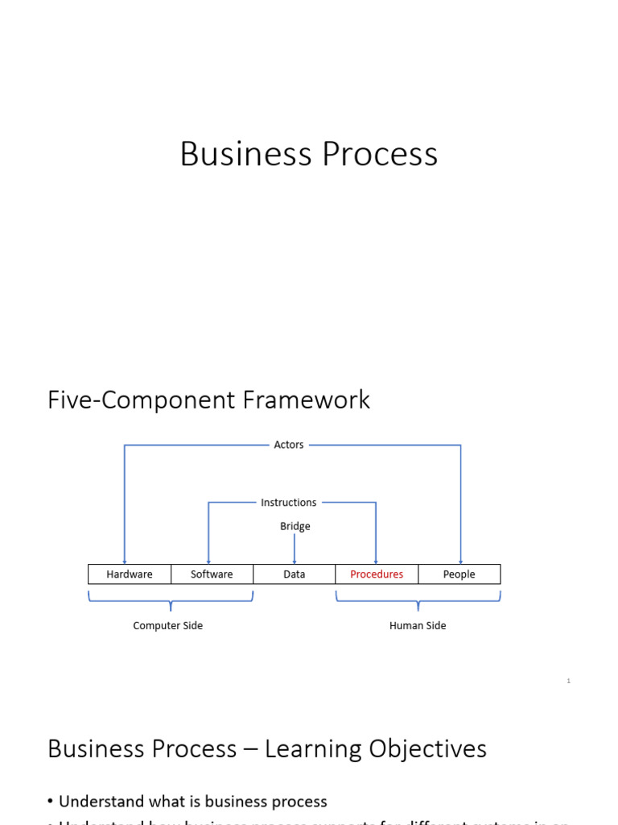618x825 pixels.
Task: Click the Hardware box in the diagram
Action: tap(130, 574)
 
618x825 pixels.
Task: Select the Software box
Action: tap(212, 574)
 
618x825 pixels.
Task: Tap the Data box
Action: tap(295, 574)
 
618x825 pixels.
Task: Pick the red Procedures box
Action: tap(377, 574)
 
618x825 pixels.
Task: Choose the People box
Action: tap(459, 574)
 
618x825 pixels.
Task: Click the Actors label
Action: tap(289, 445)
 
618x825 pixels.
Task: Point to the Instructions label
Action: tap(289, 503)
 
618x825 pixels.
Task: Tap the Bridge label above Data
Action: tap(295, 526)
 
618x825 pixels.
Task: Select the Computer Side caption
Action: tap(167, 626)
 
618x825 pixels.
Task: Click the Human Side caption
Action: tap(418, 626)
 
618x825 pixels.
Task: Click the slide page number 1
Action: tap(568, 682)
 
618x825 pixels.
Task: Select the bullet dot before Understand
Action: tap(51, 802)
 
